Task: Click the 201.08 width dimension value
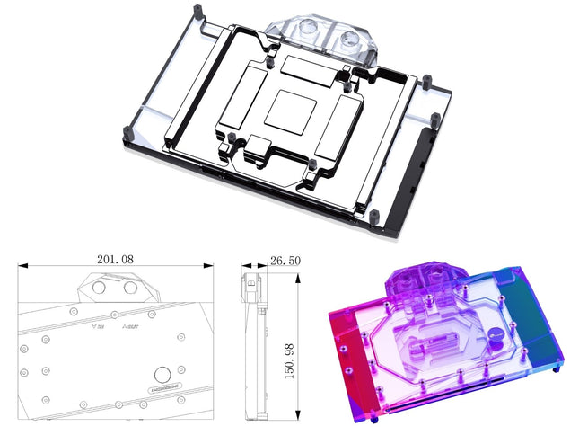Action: point(114,259)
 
